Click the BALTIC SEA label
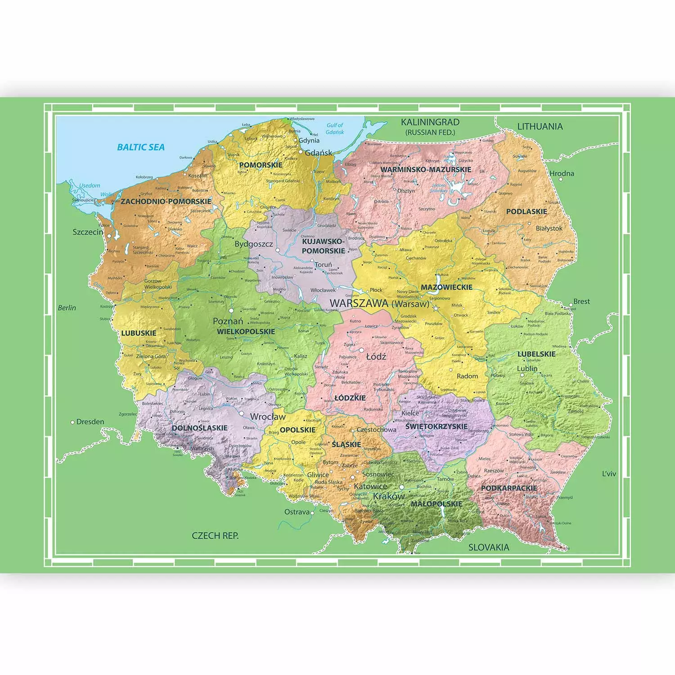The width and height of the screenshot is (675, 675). click(x=141, y=147)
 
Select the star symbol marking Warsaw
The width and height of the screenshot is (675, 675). click(x=435, y=309)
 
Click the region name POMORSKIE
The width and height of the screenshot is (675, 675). click(x=261, y=165)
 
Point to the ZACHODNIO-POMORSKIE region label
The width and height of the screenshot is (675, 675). click(x=166, y=202)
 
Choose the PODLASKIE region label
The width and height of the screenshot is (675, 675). click(x=526, y=211)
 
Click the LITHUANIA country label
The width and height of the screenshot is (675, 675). click(x=540, y=126)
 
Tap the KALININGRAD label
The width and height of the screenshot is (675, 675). click(x=430, y=122)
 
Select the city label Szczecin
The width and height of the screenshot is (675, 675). click(x=88, y=232)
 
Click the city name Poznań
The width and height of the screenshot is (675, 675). click(x=228, y=321)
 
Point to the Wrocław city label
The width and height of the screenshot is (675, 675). click(x=268, y=417)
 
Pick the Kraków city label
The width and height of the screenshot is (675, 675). click(x=389, y=496)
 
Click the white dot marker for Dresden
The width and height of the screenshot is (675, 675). click(x=73, y=422)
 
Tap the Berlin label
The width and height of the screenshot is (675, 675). click(x=67, y=308)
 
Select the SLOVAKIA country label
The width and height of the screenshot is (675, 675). click(x=489, y=548)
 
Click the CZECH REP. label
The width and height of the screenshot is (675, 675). click(x=215, y=536)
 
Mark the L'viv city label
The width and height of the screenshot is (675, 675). click(x=609, y=474)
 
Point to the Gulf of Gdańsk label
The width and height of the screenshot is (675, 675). click(x=335, y=129)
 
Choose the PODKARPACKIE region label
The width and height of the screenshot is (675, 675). click(x=509, y=488)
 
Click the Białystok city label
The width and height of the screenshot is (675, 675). click(x=549, y=229)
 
